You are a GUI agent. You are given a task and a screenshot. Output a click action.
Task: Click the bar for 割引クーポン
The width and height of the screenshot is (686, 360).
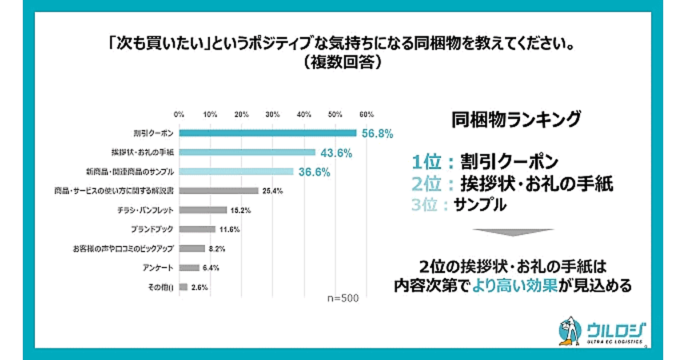tap(268, 133)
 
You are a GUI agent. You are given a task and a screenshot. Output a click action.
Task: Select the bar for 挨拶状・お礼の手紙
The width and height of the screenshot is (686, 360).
tap(247, 152)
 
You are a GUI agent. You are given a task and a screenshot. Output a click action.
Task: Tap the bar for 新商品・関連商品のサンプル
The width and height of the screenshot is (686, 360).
tap(236, 171)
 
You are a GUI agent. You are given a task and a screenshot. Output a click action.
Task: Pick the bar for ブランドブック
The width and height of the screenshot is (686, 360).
tap(197, 229)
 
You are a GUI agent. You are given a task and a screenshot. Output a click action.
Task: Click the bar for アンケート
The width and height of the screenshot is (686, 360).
tap(189, 267)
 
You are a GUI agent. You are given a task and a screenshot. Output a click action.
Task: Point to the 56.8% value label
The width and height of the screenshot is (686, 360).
tap(377, 134)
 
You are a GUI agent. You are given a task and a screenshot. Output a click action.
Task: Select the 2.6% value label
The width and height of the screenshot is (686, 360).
tap(198, 287)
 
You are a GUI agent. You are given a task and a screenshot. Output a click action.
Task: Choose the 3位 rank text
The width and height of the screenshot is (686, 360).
tap(428, 205)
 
